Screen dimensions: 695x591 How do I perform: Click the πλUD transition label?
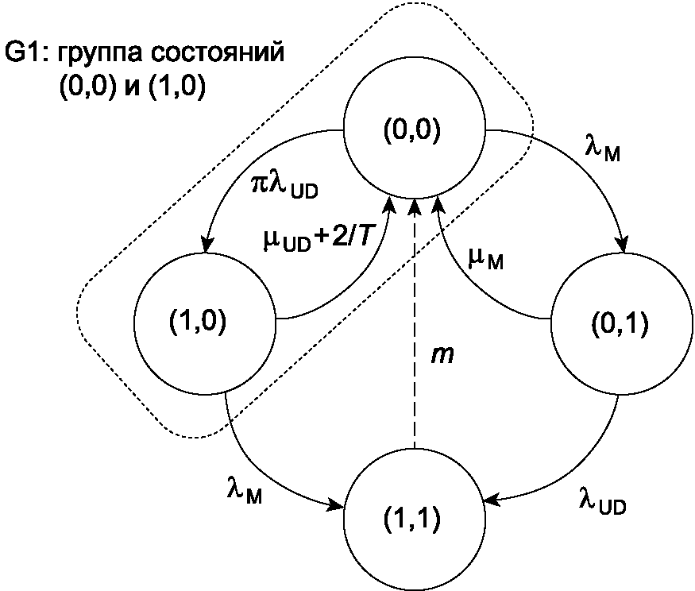pos(284,188)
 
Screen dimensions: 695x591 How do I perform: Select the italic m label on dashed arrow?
pos(442,355)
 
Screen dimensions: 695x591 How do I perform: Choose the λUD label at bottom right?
pos(602,501)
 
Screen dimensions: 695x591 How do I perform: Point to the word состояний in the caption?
pos(217,52)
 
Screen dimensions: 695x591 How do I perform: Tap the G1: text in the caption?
pos(25,52)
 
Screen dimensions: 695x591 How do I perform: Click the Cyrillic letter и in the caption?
pos(133,87)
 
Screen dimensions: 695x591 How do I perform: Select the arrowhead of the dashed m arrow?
pos(415,207)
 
